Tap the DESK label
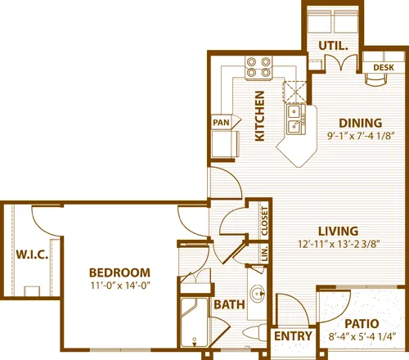383,67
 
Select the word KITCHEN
259,115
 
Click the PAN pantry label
221,123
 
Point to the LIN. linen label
265,254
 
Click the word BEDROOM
119,272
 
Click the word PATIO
360,322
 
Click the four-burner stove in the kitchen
259,65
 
